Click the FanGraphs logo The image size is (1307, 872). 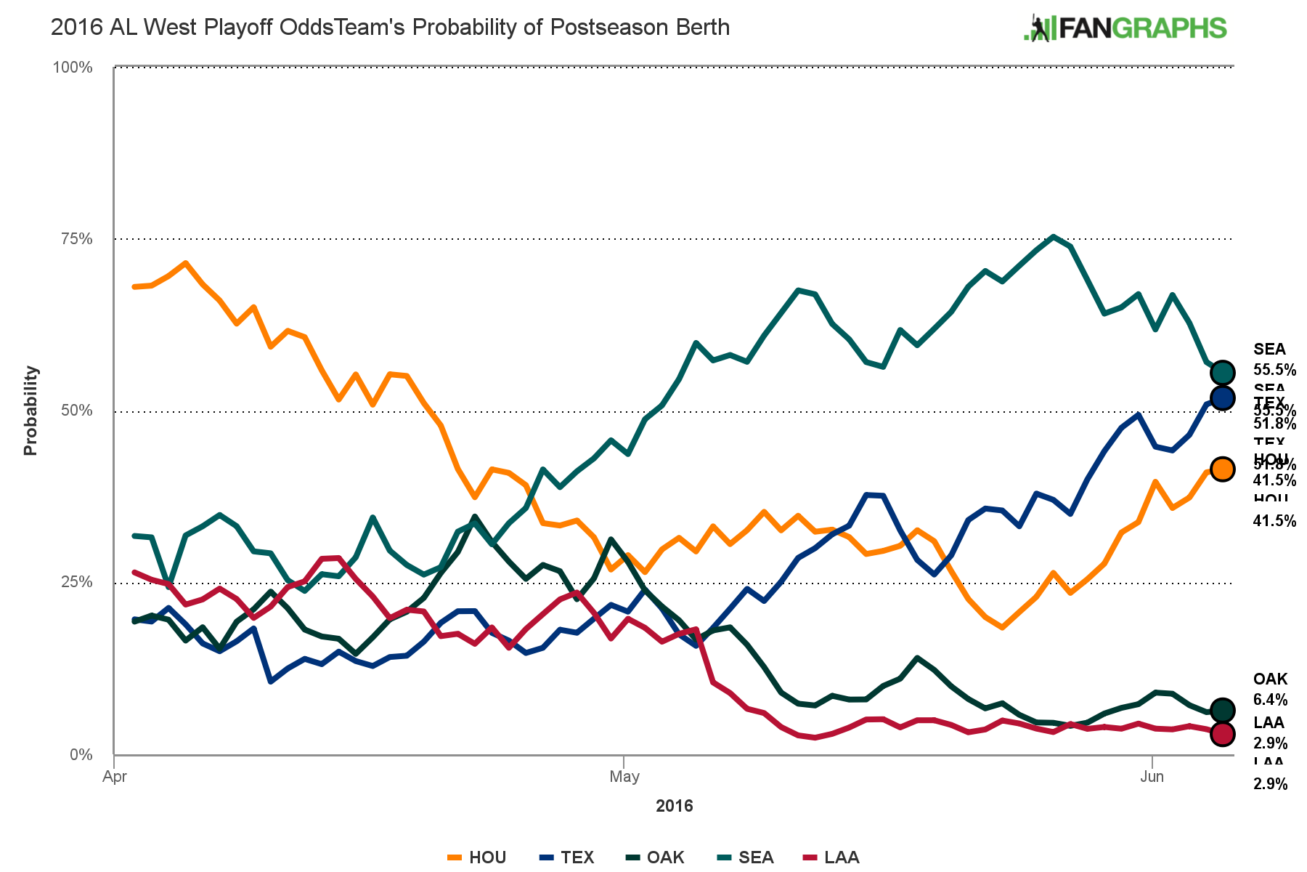point(1125,28)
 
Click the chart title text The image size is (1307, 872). point(390,28)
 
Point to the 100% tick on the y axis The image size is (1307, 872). point(73,68)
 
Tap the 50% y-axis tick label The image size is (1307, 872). point(76,411)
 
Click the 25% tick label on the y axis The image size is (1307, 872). point(76,582)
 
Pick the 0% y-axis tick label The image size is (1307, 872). point(80,754)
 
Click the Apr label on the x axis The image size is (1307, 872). point(115,777)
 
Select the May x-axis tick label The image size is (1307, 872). point(624,777)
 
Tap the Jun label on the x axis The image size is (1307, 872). point(1152,777)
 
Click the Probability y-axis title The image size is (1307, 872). point(30,411)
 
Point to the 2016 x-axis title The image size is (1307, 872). point(674,806)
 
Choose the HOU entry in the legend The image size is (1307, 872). point(477,857)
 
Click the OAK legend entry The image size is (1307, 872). point(655,857)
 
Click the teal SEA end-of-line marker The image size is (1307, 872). point(1223,373)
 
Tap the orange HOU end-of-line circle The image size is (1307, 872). point(1223,469)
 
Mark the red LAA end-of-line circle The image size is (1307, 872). point(1223,734)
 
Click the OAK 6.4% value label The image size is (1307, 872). point(1270,700)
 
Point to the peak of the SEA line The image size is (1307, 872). point(1054,237)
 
